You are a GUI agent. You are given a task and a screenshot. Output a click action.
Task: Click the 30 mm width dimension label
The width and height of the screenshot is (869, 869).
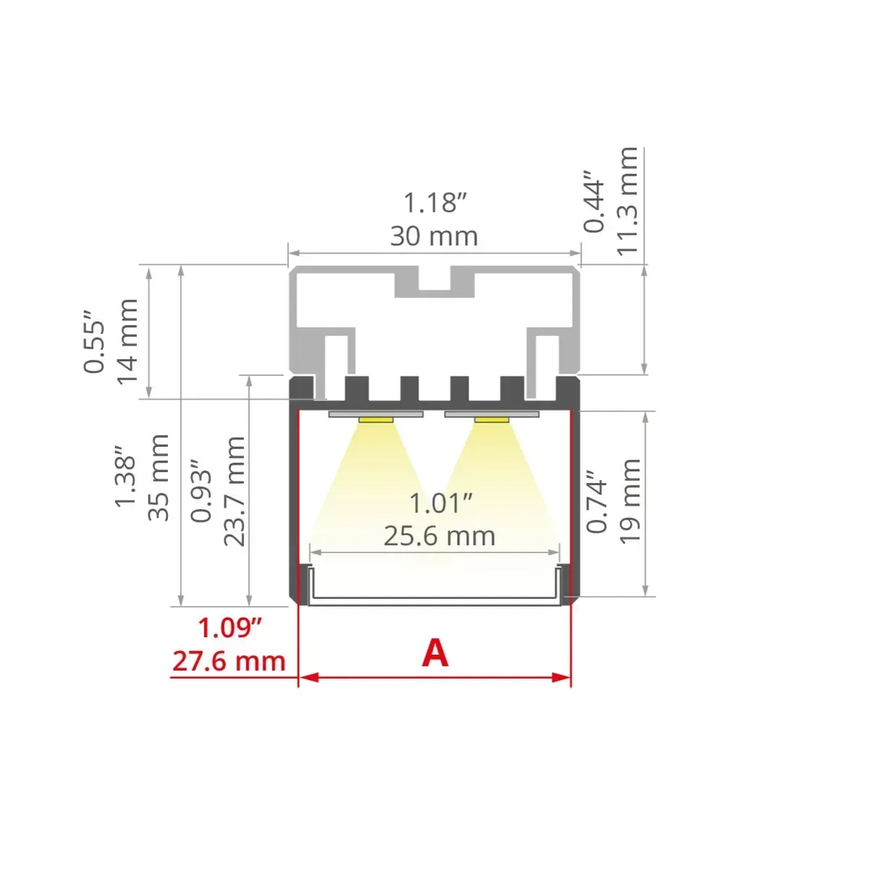[x=434, y=236]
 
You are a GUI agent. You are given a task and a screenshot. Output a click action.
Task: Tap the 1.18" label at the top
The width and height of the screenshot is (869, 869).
[x=434, y=203]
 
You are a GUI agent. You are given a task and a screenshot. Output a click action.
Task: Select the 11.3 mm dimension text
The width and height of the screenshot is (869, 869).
[x=627, y=201]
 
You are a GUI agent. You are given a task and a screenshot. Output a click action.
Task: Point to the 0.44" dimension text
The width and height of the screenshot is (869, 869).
[x=594, y=201]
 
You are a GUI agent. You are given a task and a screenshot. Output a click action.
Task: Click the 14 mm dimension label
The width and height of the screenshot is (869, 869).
[x=127, y=341]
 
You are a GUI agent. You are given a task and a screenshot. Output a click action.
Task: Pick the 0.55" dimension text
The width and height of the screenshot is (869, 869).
[x=94, y=341]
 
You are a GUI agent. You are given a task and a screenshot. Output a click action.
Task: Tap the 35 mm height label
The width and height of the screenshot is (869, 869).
[x=159, y=477]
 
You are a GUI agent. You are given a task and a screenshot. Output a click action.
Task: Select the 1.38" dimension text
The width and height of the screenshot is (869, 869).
[x=125, y=477]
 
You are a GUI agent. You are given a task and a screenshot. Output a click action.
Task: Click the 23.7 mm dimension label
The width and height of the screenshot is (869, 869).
[x=235, y=492]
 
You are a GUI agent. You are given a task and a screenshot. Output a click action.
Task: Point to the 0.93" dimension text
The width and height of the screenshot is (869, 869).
[x=201, y=491]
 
